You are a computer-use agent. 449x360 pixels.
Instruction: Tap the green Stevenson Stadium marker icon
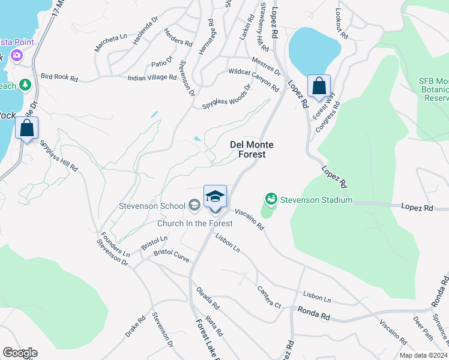coord(271,199)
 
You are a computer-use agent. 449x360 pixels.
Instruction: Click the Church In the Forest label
coord(194,224)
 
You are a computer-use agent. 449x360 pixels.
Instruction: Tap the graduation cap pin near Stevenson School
coord(215,197)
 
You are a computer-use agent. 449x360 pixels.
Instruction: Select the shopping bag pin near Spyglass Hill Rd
coord(26,128)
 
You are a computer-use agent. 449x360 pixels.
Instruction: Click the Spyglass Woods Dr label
coord(226,96)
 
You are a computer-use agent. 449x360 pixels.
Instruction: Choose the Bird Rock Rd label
coord(59,78)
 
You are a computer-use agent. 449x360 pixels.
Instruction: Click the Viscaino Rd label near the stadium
coord(249,219)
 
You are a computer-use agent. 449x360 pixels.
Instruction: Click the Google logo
coord(20,353)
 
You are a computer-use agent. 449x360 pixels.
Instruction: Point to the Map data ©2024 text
coord(423,355)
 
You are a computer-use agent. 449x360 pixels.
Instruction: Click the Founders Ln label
coord(115,245)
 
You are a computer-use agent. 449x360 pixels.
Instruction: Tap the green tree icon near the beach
coord(25,85)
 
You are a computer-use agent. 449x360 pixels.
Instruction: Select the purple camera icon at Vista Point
coord(16,56)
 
